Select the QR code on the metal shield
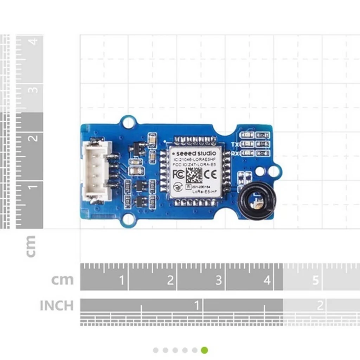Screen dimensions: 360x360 tap(194, 175)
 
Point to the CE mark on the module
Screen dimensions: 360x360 tap(212, 174)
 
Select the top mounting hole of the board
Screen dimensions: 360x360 tap(128, 122)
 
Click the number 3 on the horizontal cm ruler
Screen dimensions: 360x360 tap(219, 280)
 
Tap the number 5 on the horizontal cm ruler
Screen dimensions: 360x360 tap(315, 280)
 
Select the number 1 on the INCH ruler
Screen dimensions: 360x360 tap(197, 305)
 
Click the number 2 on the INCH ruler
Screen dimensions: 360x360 tap(320, 305)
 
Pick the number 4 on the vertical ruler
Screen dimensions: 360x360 tap(33, 41)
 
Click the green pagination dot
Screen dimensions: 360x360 tap(205, 350)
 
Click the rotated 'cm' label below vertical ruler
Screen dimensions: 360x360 tap(31, 246)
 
